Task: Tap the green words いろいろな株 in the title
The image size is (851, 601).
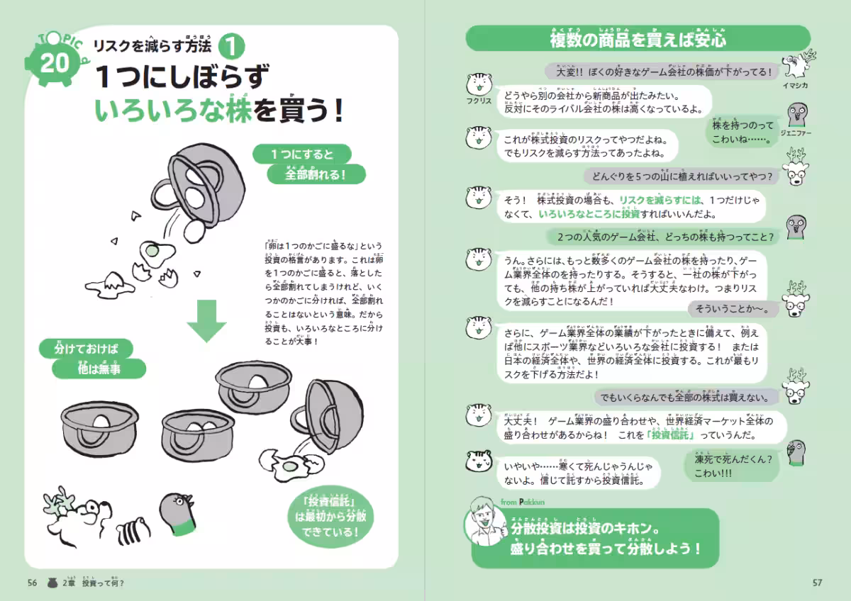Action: click(174, 110)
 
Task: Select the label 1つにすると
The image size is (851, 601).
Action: click(301, 154)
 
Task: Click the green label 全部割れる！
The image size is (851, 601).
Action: click(316, 174)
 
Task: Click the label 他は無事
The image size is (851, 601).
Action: click(100, 369)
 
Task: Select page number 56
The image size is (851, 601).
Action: click(32, 583)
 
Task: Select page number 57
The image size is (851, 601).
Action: click(817, 583)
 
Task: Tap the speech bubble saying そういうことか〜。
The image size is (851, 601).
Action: click(734, 309)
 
